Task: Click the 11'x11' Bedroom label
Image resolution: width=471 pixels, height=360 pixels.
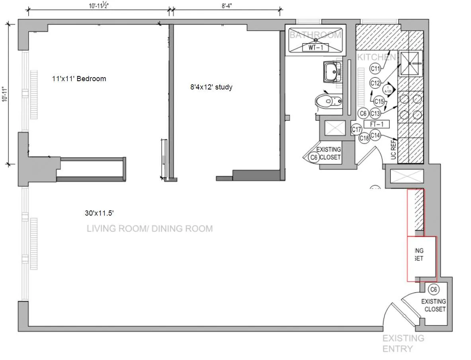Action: point(79,79)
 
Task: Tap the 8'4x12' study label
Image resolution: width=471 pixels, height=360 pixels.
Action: point(211,87)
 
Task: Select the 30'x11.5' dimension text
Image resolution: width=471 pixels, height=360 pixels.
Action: point(100,213)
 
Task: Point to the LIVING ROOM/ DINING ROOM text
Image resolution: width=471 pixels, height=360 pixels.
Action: point(150,229)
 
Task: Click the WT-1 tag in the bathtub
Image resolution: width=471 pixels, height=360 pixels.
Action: point(315,48)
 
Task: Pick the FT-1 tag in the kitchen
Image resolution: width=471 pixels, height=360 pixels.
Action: point(376,124)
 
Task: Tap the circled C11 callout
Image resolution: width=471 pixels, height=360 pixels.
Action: point(375,69)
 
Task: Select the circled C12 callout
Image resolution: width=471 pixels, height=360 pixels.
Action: point(375,83)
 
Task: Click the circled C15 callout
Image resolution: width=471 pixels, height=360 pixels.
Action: point(379,102)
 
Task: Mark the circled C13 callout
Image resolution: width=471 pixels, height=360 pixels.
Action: point(375,114)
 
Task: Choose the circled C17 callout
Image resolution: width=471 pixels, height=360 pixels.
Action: point(356,130)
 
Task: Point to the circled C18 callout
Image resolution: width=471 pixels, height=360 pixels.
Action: point(364,138)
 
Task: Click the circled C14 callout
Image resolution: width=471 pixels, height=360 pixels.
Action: point(375,135)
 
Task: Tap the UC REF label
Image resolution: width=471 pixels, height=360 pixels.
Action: point(394,150)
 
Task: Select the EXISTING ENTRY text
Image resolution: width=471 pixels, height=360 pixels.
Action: point(403,344)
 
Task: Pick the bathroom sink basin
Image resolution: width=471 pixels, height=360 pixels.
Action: point(332,72)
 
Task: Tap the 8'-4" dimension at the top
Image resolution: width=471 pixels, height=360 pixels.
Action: point(227,6)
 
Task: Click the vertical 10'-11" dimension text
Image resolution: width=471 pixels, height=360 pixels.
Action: point(5,94)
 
